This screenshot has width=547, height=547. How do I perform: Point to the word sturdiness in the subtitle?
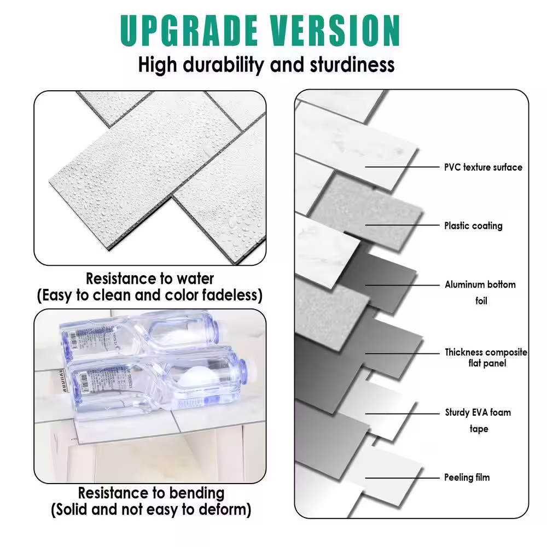click(352, 65)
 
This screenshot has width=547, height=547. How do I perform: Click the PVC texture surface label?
click(483, 167)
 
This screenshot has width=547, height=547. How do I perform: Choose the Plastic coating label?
click(473, 225)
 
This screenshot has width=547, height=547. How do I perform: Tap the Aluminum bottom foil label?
click(480, 292)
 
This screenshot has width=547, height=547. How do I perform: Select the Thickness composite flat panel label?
click(486, 358)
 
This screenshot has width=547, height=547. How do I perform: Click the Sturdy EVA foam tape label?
click(478, 420)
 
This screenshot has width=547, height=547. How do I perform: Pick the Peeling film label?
click(467, 478)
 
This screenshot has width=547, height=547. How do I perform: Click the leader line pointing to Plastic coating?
click(402, 225)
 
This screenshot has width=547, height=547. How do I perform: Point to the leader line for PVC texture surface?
click(402, 167)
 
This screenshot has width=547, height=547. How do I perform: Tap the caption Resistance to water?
click(150, 278)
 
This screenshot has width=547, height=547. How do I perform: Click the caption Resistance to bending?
click(151, 493)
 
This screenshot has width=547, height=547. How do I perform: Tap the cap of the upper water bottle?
click(216, 328)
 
